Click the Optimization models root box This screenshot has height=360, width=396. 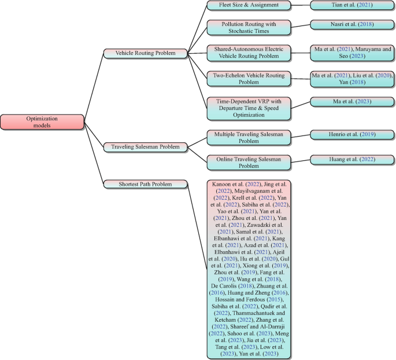pos(42,122)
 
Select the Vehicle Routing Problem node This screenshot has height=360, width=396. pos(146,53)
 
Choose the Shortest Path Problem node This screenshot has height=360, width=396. pos(146,184)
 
